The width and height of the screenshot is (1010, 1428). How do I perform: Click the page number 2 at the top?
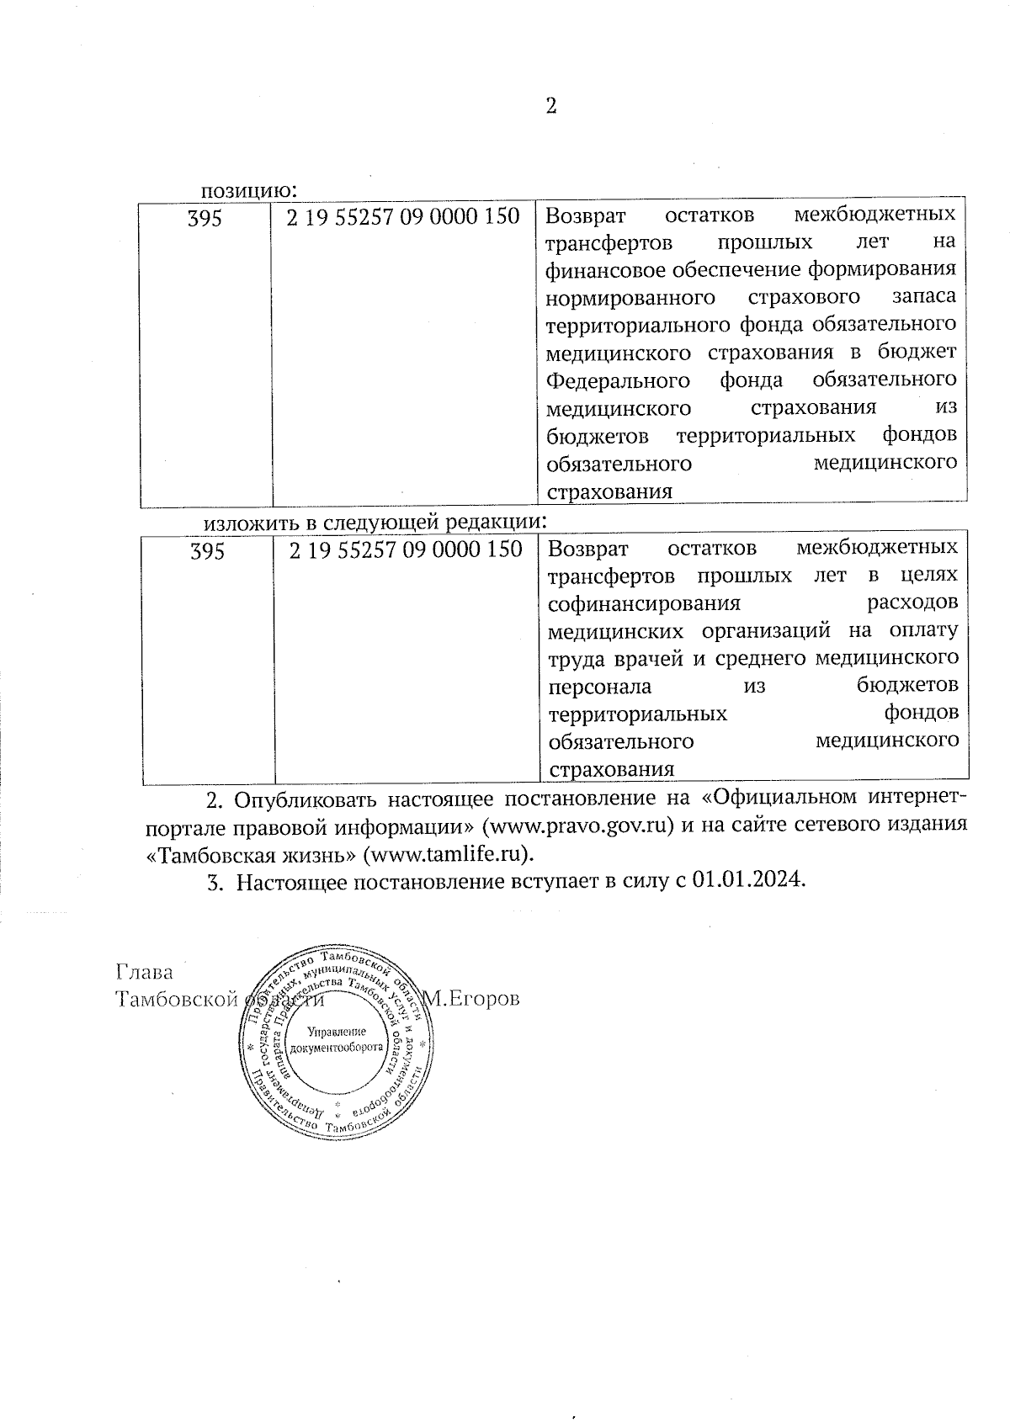click(551, 106)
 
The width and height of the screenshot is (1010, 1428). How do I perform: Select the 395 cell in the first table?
click(205, 219)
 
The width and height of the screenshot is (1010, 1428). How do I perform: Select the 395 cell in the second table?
click(207, 551)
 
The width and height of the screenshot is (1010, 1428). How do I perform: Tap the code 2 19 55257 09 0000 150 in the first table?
click(403, 217)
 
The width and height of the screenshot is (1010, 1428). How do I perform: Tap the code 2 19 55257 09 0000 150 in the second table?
click(405, 549)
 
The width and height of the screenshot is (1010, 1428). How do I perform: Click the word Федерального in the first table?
click(618, 380)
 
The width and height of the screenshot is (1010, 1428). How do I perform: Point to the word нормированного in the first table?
click(630, 297)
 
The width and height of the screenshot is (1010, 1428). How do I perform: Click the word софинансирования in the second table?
click(644, 603)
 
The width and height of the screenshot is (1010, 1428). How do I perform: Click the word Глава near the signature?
click(144, 973)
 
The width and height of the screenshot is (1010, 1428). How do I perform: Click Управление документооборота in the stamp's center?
click(336, 1040)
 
